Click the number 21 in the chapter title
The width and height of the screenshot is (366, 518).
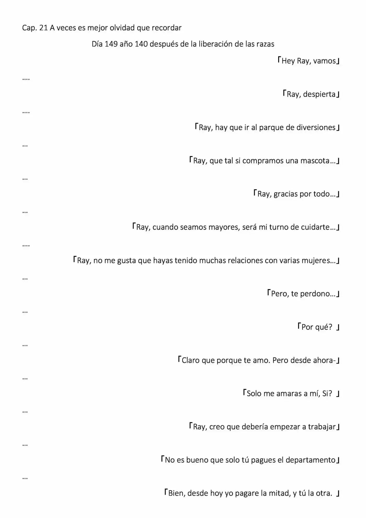click(43, 28)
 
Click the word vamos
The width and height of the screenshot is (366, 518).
click(324, 61)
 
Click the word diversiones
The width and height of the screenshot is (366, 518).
click(316, 127)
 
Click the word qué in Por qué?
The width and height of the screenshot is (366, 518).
click(324, 327)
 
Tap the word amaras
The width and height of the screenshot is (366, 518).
click(289, 394)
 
